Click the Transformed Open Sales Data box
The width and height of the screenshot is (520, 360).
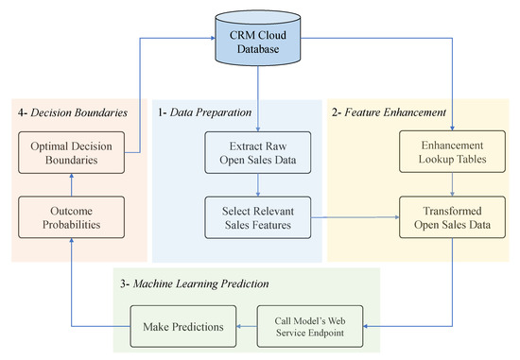452,218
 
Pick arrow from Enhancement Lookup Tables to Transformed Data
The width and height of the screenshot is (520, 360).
452,186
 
